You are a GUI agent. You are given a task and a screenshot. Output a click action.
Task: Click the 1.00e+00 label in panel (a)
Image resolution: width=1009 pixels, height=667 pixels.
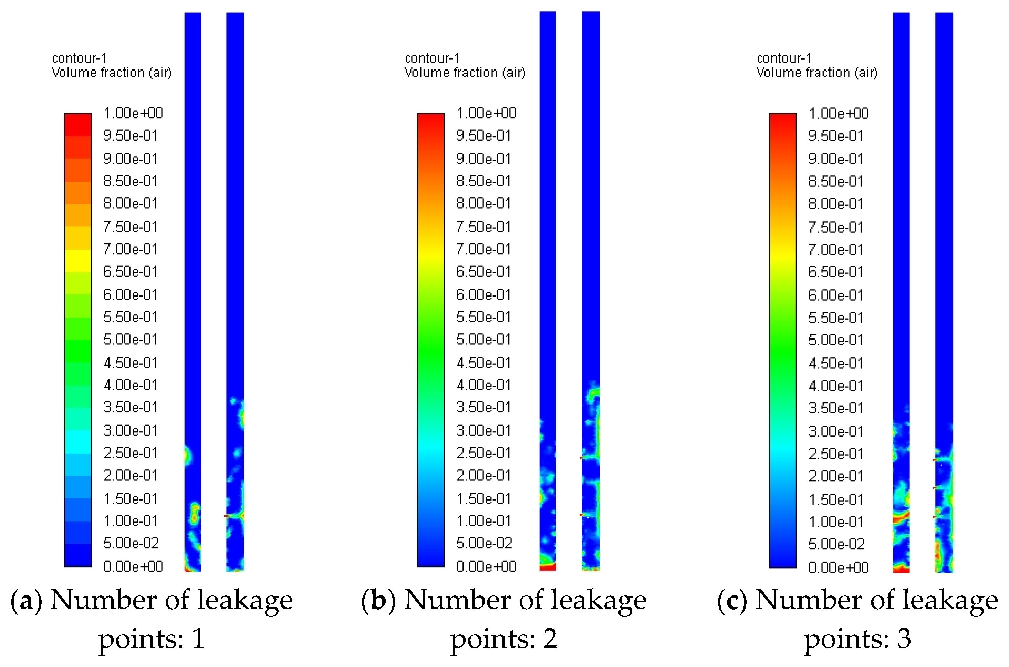tap(133, 113)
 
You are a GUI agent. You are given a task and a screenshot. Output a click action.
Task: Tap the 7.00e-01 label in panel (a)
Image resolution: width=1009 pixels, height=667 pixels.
tap(130, 249)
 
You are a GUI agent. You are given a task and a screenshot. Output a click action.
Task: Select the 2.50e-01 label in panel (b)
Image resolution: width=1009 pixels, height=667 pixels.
tap(483, 453)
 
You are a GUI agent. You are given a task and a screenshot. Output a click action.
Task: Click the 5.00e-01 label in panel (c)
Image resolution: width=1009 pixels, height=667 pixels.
tap(836, 340)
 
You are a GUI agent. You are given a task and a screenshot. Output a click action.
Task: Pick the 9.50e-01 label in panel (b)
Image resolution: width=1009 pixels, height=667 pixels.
tap(483, 135)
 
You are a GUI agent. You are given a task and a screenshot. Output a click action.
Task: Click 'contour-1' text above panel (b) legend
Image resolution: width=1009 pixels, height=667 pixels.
tap(432, 58)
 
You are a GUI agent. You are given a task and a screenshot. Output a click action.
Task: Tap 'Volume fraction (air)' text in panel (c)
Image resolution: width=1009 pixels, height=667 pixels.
tap(817, 73)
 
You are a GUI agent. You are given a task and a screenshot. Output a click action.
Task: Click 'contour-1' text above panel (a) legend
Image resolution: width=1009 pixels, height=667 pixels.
tap(79, 58)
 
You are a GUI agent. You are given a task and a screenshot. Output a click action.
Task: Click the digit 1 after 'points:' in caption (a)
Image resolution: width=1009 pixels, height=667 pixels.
tap(198, 639)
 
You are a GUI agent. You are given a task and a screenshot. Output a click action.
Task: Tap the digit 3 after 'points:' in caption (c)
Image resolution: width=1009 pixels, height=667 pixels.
tap(903, 639)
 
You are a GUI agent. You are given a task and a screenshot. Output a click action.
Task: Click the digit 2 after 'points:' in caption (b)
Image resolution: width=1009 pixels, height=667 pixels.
tap(550, 639)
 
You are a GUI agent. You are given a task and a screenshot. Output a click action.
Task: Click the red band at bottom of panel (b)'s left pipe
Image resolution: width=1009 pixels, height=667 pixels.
tap(548, 567)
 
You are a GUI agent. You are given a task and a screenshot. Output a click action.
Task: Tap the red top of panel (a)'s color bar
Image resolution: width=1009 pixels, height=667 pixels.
tap(78, 119)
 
